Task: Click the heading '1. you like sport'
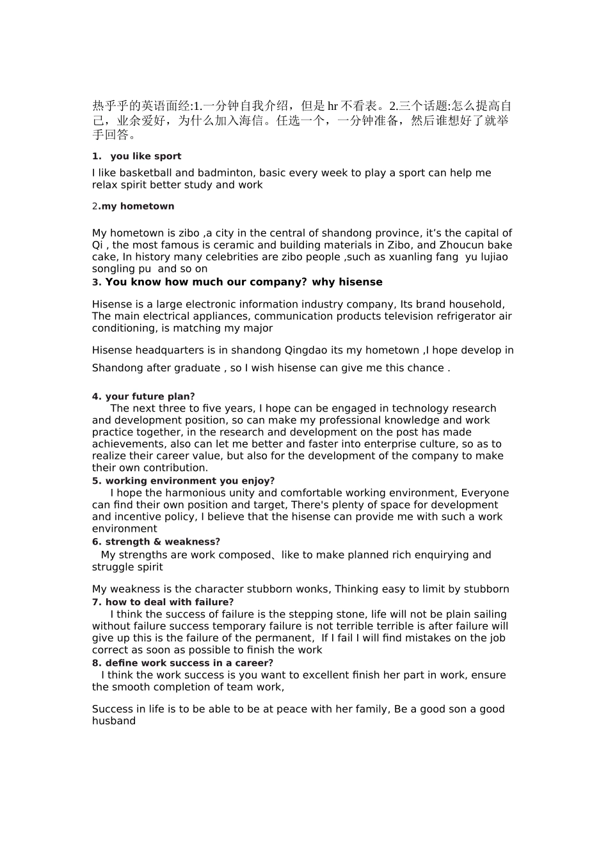pyautogui.click(x=136, y=157)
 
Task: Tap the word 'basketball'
pyautogui.click(x=145, y=173)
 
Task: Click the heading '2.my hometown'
pyautogui.click(x=133, y=206)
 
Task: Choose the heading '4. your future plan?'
pyautogui.click(x=143, y=397)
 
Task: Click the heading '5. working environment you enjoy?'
pyautogui.click(x=183, y=481)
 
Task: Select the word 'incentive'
pyautogui.click(x=116, y=517)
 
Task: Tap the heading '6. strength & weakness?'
pyautogui.click(x=156, y=542)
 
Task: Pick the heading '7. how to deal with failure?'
pyautogui.click(x=163, y=602)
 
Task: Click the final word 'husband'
pyautogui.click(x=114, y=722)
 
